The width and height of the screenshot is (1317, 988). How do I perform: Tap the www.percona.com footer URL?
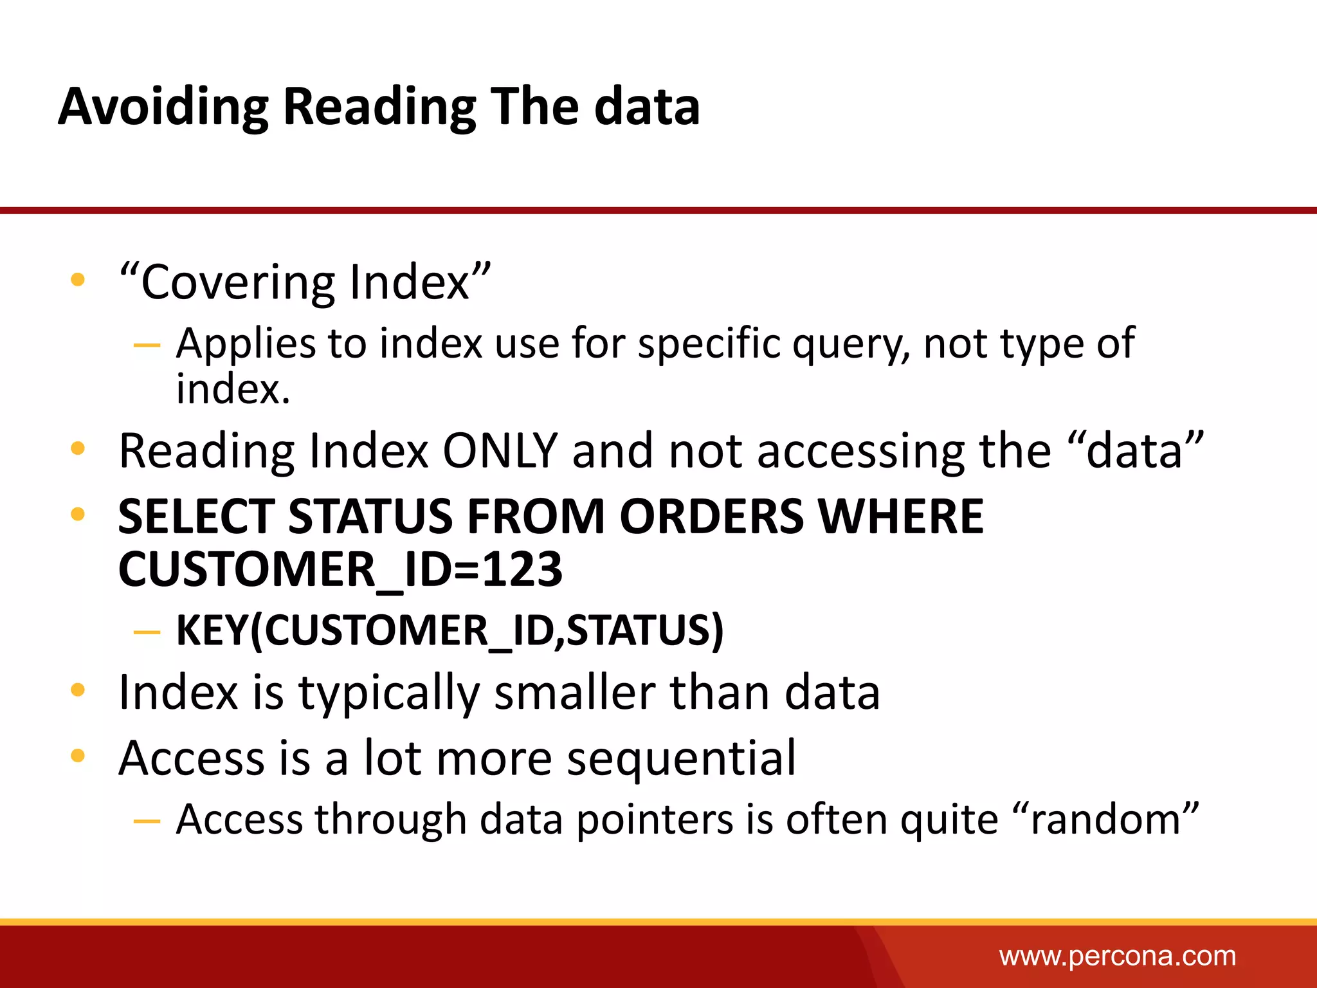[x=1117, y=956]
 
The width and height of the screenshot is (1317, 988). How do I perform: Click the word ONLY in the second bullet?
[x=500, y=451]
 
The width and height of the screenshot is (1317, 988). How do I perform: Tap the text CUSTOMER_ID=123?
[x=340, y=569]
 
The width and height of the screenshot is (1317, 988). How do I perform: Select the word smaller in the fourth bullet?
[x=574, y=693]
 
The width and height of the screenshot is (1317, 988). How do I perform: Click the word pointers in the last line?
[x=654, y=820]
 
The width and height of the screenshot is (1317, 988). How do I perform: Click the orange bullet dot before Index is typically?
[x=78, y=690]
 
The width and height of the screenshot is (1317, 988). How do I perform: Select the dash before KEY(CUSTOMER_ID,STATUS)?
[x=147, y=632]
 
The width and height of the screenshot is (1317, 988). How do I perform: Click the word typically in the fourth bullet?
[x=389, y=693]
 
